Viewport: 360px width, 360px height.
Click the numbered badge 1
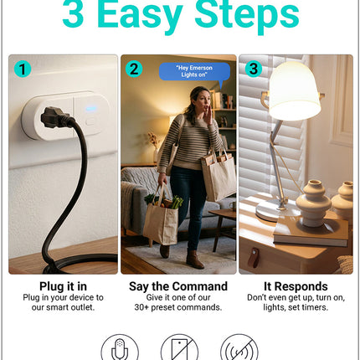click(23, 69)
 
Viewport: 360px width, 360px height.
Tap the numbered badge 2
click(134, 69)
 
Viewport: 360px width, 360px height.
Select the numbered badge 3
click(254, 69)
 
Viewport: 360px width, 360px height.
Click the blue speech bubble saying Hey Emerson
click(194, 72)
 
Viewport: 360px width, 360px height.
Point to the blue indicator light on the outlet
click(91, 108)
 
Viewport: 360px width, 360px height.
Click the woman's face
click(203, 101)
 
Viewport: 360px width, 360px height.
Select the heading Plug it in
click(63, 286)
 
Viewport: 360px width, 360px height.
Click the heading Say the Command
click(178, 286)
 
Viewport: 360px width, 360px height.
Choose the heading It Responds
click(296, 286)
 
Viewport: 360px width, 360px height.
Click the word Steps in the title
click(247, 13)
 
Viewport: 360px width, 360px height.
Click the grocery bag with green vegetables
click(161, 218)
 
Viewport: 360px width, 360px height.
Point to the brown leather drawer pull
click(254, 258)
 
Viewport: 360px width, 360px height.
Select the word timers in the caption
click(316, 307)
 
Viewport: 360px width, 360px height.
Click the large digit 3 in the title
click(73, 13)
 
